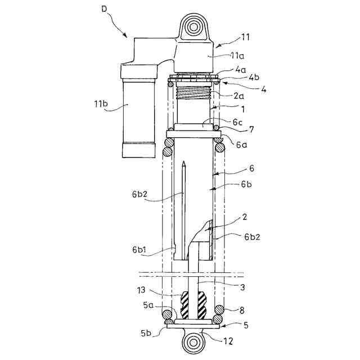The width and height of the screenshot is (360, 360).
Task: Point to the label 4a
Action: (241, 70)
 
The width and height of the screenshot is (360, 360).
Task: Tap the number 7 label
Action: (251, 129)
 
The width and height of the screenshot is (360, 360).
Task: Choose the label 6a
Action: (242, 145)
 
